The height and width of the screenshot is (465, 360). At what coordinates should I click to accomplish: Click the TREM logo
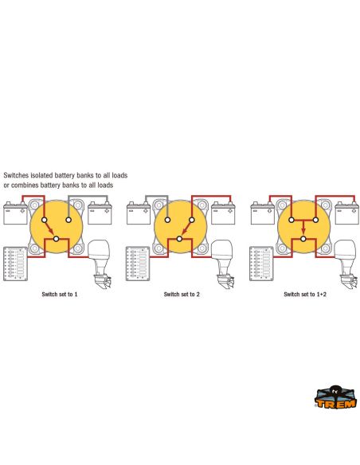click(335, 397)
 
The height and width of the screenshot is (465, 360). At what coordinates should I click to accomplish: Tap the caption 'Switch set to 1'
click(60, 295)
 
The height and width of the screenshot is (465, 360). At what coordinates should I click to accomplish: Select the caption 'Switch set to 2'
click(182, 295)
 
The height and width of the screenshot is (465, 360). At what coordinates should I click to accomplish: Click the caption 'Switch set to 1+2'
click(305, 295)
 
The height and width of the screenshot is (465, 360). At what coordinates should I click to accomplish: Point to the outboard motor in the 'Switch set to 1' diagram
click(100, 264)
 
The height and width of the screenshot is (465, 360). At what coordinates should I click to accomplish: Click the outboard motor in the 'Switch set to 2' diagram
click(223, 264)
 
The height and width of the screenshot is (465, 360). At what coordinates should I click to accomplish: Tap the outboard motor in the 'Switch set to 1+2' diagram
click(346, 264)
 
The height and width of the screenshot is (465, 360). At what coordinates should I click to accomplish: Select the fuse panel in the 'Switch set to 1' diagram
click(15, 264)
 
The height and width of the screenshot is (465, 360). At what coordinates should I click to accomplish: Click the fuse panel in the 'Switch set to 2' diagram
click(138, 264)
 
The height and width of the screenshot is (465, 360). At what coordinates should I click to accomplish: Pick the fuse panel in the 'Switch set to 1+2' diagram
click(261, 264)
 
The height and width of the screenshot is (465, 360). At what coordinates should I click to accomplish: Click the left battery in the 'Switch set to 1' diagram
click(15, 213)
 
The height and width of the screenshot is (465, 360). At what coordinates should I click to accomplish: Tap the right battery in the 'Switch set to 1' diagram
click(100, 213)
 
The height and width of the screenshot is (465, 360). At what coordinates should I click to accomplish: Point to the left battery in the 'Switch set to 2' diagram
click(139, 213)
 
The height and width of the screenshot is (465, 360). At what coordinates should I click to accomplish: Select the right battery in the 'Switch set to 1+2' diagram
click(347, 213)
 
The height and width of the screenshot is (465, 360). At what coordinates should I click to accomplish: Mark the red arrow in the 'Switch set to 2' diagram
click(186, 228)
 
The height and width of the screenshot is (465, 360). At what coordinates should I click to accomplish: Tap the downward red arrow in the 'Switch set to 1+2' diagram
click(303, 228)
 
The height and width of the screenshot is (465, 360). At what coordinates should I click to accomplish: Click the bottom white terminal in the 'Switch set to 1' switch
click(56, 239)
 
